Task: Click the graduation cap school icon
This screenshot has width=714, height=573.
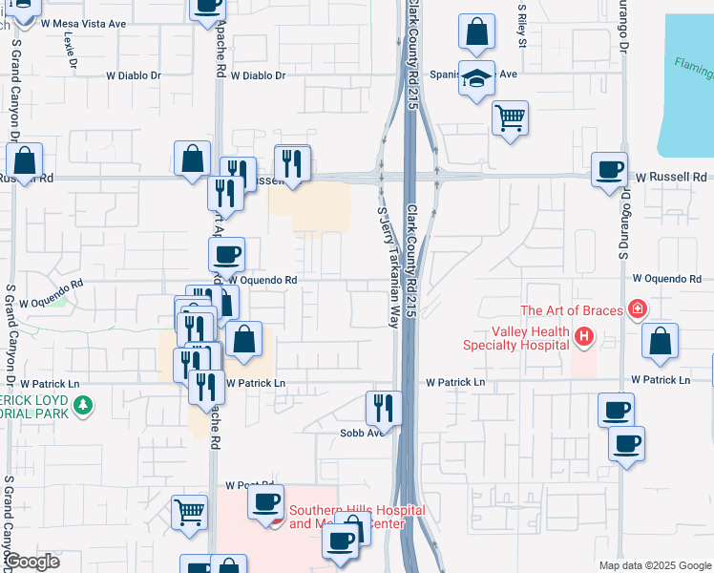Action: coord(475,78)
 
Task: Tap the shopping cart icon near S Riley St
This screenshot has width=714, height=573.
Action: coord(511,118)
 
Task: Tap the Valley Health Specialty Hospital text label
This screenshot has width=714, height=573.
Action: coord(516,338)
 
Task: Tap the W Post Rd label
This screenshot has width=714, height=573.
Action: coord(242,486)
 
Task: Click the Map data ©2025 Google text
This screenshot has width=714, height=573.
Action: coord(654,565)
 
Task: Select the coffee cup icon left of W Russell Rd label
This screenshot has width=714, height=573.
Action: coord(609,171)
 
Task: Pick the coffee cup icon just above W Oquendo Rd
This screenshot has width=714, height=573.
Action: coord(227,255)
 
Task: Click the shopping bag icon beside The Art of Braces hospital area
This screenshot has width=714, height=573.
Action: coord(660,341)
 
